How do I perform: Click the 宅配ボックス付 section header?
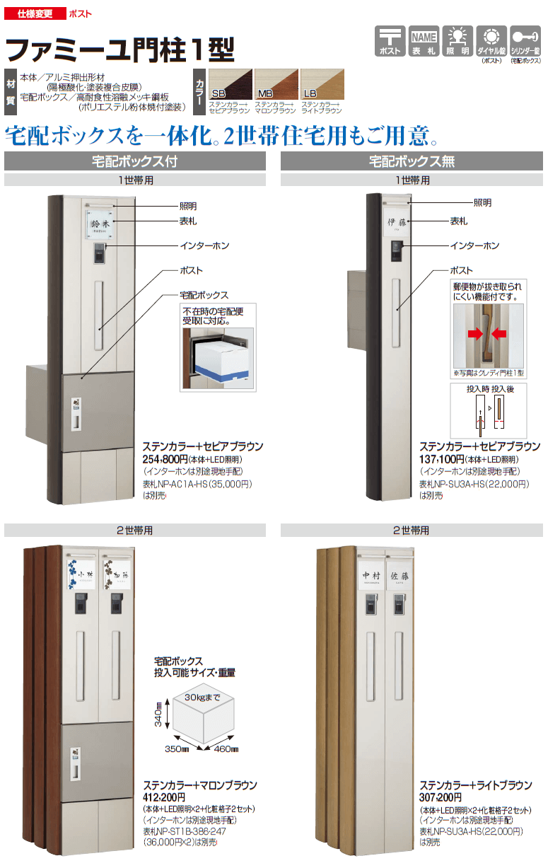(135, 161)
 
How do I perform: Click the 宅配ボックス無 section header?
(412, 161)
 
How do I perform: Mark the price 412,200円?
(168, 797)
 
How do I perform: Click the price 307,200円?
(444, 797)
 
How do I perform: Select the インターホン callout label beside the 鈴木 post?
(204, 245)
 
